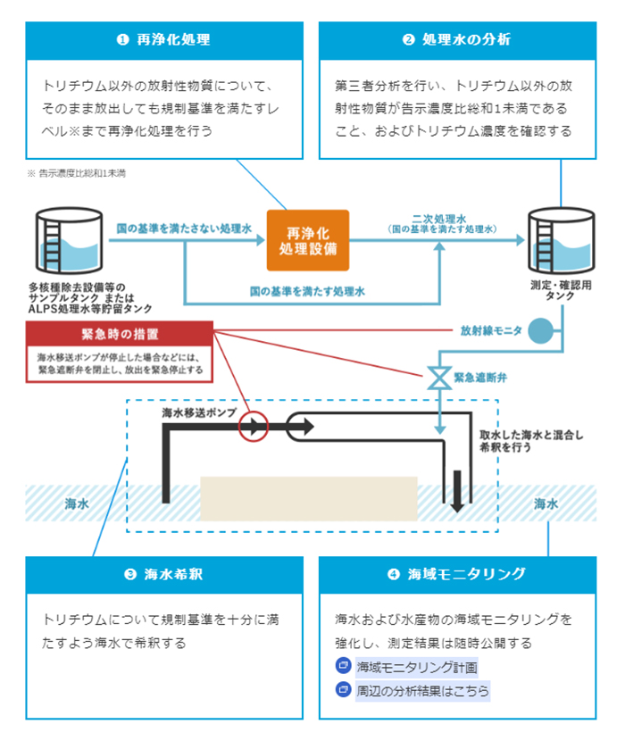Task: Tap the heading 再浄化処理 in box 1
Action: pyautogui.click(x=164, y=40)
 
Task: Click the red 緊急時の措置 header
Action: pyautogui.click(x=121, y=335)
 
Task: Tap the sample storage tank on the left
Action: pyautogui.click(x=68, y=243)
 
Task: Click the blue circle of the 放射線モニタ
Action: pyautogui.click(x=540, y=332)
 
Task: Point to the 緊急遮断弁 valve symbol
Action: pyautogui.click(x=439, y=377)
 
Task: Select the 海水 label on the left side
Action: pyautogui.click(x=77, y=504)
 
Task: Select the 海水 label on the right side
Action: pyautogui.click(x=546, y=504)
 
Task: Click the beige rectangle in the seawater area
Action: pyautogui.click(x=309, y=504)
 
